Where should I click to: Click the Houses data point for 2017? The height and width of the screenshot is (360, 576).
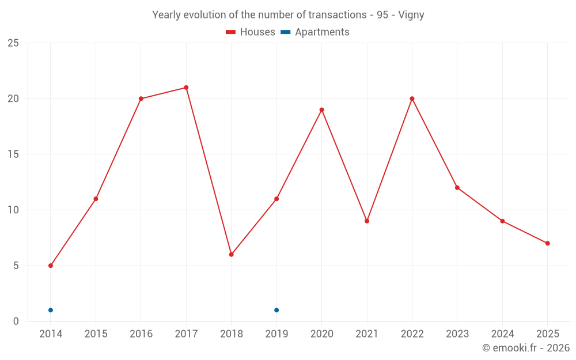coord(186,88)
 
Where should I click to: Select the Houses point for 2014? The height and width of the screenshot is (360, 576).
coord(51,266)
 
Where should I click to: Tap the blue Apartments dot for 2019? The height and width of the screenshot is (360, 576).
coord(276,310)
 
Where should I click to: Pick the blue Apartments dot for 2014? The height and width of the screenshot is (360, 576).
coord(51,310)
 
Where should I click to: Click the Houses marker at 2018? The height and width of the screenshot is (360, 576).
coord(231,255)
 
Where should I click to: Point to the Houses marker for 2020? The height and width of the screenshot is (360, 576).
coord(321,109)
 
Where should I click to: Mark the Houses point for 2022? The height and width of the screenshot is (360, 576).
coord(412,98)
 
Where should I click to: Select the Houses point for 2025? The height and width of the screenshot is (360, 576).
coord(547,243)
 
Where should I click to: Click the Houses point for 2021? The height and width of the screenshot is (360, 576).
coord(367,221)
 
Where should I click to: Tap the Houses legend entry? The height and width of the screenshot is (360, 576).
coord(251,32)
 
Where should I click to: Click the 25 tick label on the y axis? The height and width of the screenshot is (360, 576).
coord(13,43)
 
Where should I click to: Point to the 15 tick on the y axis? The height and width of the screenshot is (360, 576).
coord(13,154)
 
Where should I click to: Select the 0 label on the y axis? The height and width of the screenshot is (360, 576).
coord(16,321)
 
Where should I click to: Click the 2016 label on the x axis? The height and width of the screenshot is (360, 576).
coord(141,334)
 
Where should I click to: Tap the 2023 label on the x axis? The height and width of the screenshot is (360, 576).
coord(457,334)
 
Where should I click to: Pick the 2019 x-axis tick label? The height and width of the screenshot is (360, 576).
coord(276,334)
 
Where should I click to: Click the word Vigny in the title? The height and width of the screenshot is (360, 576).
coord(411,15)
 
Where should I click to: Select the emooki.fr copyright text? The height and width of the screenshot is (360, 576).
coord(526,348)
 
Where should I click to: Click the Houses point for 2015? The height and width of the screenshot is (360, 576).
coord(96,199)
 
